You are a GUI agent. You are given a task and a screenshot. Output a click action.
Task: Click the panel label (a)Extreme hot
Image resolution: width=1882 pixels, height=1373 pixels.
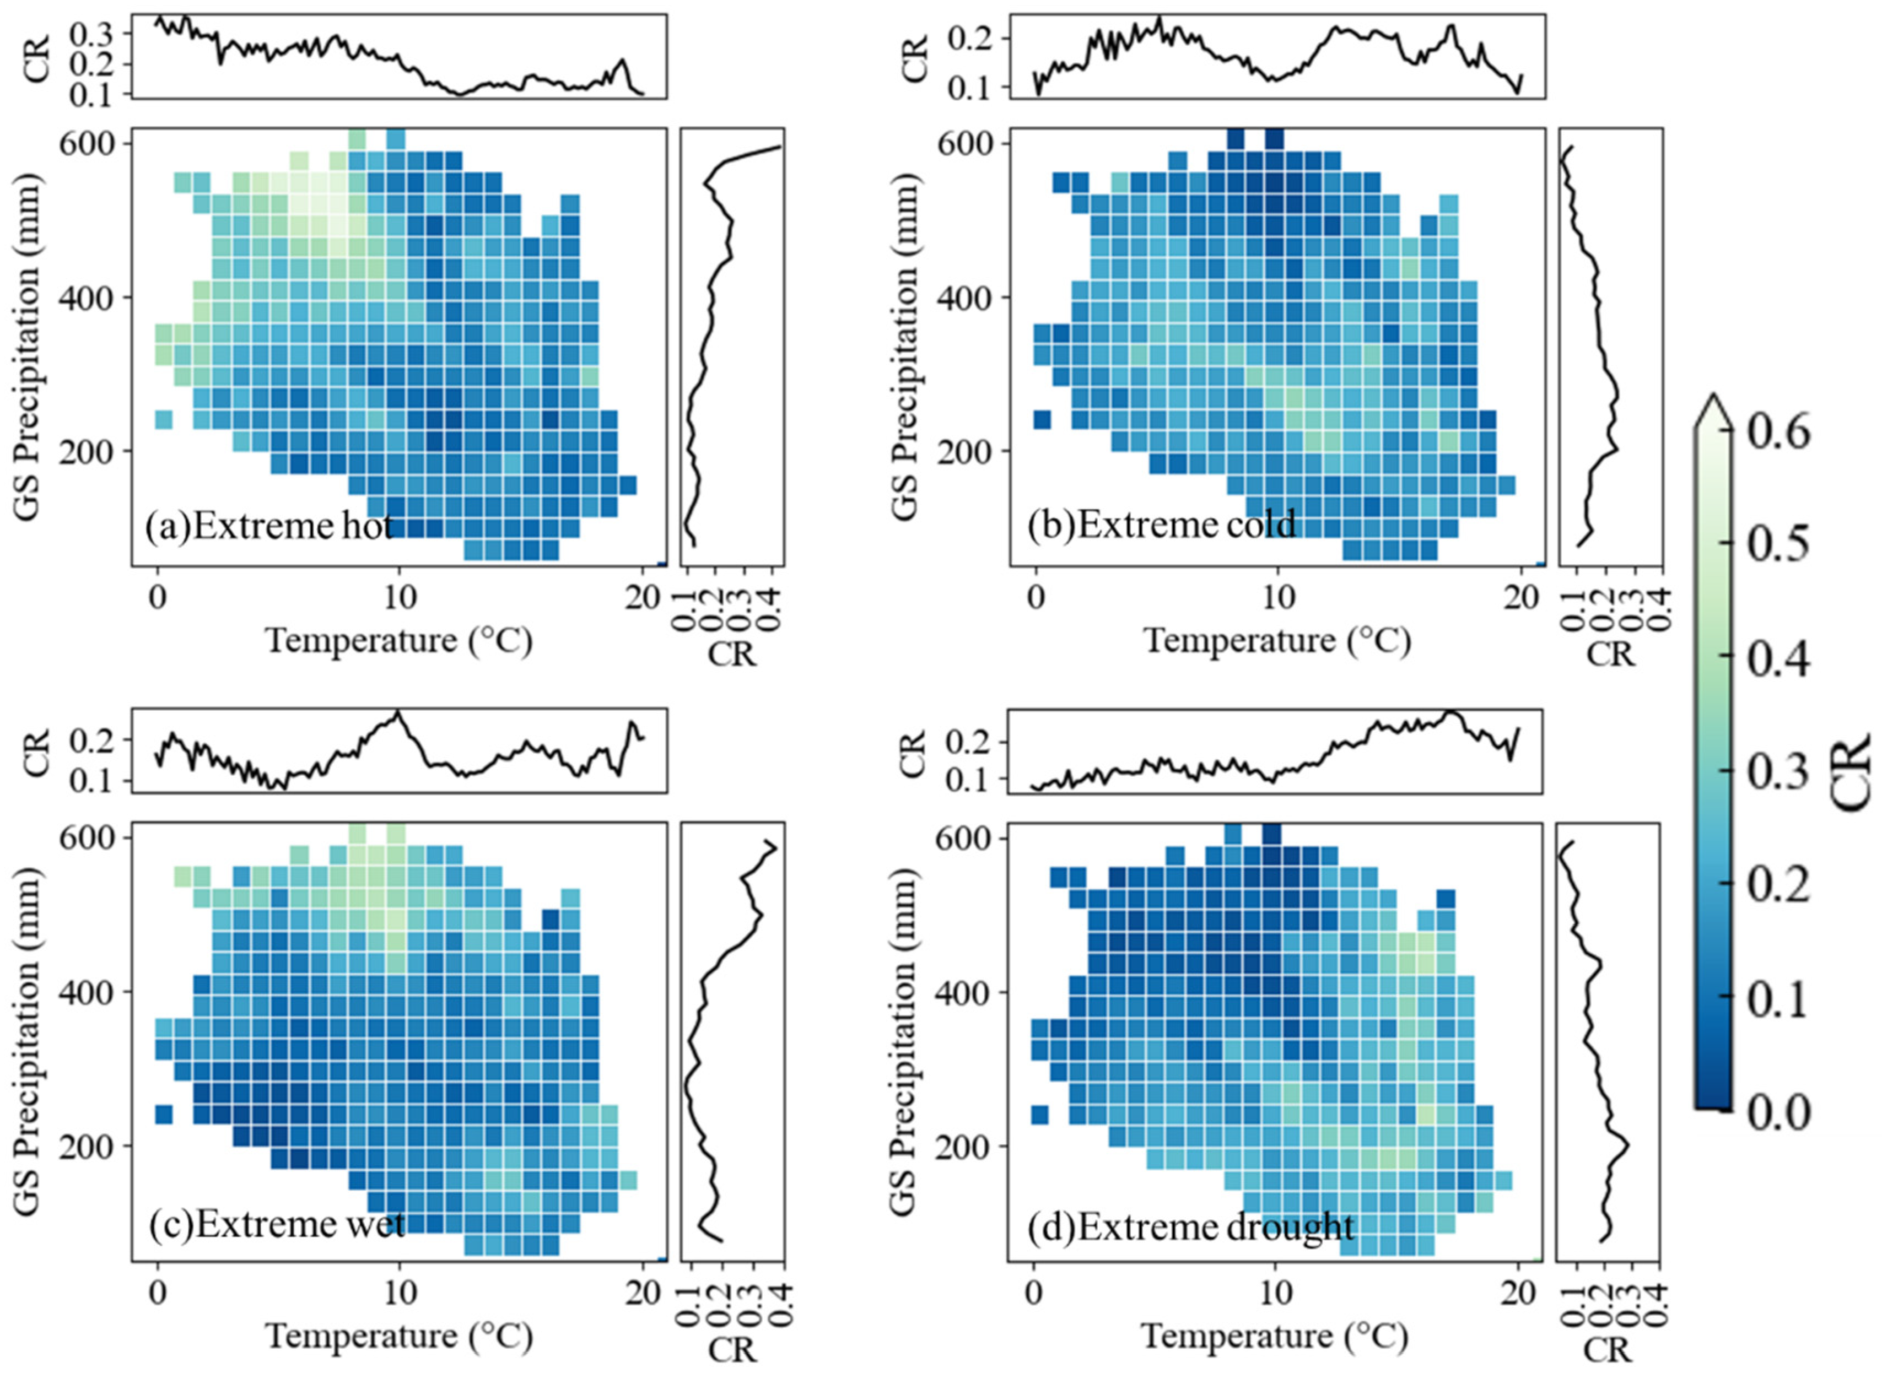(x=268, y=527)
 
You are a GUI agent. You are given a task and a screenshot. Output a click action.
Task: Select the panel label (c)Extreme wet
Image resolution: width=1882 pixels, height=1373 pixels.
(x=276, y=1224)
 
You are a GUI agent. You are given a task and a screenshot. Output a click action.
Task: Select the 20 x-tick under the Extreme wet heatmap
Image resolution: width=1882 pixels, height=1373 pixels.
(x=641, y=1293)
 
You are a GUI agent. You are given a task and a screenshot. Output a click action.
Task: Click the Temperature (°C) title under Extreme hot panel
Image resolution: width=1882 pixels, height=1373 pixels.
(x=399, y=641)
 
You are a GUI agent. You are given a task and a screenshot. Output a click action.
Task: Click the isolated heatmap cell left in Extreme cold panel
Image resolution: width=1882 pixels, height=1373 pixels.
(x=1042, y=420)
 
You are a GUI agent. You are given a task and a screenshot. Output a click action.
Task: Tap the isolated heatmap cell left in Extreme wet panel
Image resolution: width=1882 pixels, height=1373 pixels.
(x=164, y=1113)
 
